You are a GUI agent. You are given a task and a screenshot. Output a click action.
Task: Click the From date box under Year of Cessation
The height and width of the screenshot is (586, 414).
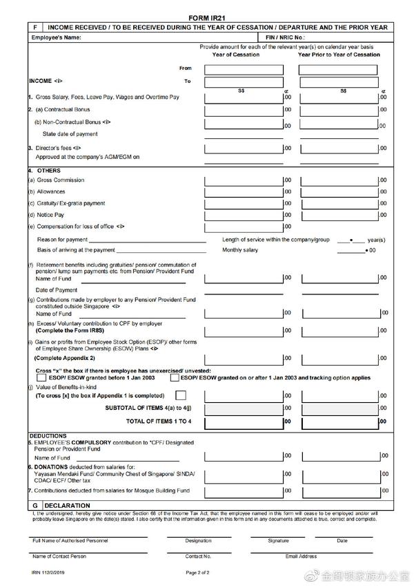(241, 69)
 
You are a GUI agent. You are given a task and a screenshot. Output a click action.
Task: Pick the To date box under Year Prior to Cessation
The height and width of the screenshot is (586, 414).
(338, 82)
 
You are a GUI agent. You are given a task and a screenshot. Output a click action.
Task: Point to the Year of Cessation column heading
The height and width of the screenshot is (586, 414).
(236, 55)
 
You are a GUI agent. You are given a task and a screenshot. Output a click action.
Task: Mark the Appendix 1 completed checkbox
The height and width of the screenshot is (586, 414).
(181, 396)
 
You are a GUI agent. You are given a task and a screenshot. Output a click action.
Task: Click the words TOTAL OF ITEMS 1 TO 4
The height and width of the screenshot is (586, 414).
(158, 421)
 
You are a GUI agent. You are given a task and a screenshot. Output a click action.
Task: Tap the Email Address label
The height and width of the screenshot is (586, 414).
(301, 556)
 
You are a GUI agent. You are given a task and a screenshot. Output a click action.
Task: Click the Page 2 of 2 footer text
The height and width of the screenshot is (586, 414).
(198, 573)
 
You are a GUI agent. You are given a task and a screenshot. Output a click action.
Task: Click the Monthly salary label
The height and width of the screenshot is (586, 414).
(240, 250)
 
